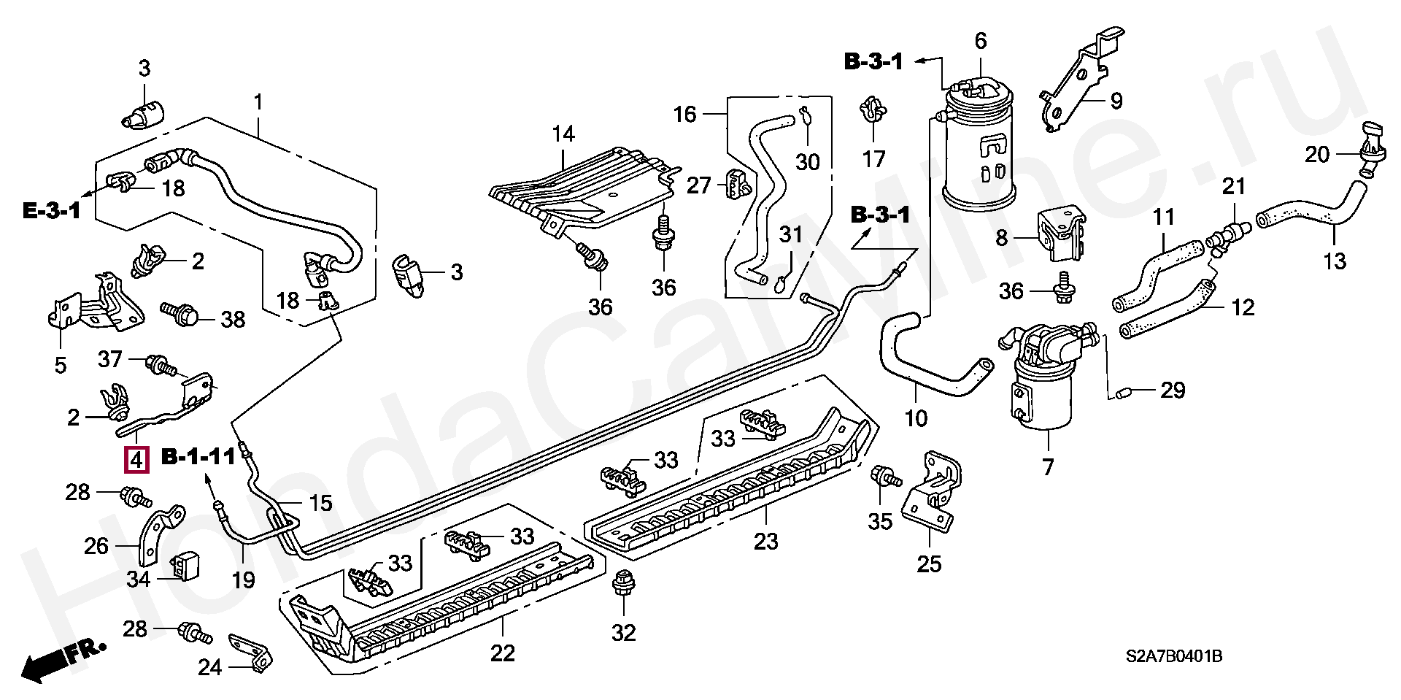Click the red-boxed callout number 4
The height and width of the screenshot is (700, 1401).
pos(136,460)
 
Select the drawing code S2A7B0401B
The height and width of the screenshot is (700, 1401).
pos(1173,656)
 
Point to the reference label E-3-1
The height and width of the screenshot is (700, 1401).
pos(53,212)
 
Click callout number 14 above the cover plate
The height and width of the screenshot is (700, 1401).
pos(563,134)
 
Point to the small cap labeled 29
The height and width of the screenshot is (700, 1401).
pos(1121,394)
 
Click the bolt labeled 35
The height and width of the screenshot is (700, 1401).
pos(886,478)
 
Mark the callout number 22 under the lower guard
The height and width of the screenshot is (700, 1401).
pos(503,653)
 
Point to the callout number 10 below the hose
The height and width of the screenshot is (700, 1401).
pos(916,419)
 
